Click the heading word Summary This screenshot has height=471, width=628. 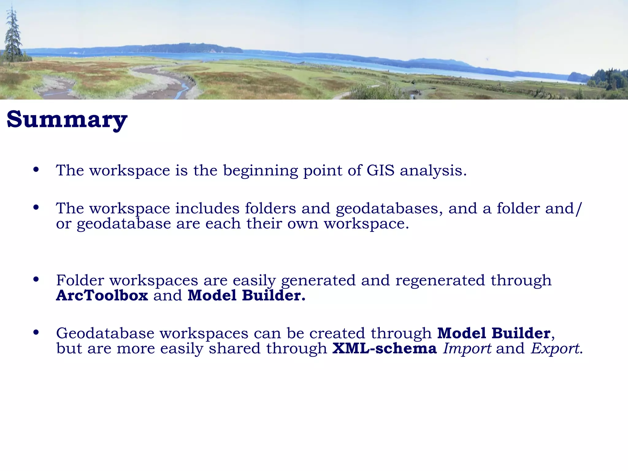pyautogui.click(x=67, y=120)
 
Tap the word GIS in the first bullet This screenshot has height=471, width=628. pyautogui.click(x=380, y=170)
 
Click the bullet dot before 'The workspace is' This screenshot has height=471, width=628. pyautogui.click(x=36, y=170)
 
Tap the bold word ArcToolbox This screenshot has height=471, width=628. pyautogui.click(x=102, y=296)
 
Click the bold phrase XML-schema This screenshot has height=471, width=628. pyautogui.click(x=385, y=349)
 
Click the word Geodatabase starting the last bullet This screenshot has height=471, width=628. pyautogui.click(x=105, y=333)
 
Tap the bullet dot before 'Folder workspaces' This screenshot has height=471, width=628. pyautogui.click(x=36, y=279)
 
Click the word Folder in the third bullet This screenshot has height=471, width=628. pyautogui.click(x=80, y=280)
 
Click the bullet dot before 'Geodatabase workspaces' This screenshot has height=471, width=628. pyautogui.click(x=36, y=332)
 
